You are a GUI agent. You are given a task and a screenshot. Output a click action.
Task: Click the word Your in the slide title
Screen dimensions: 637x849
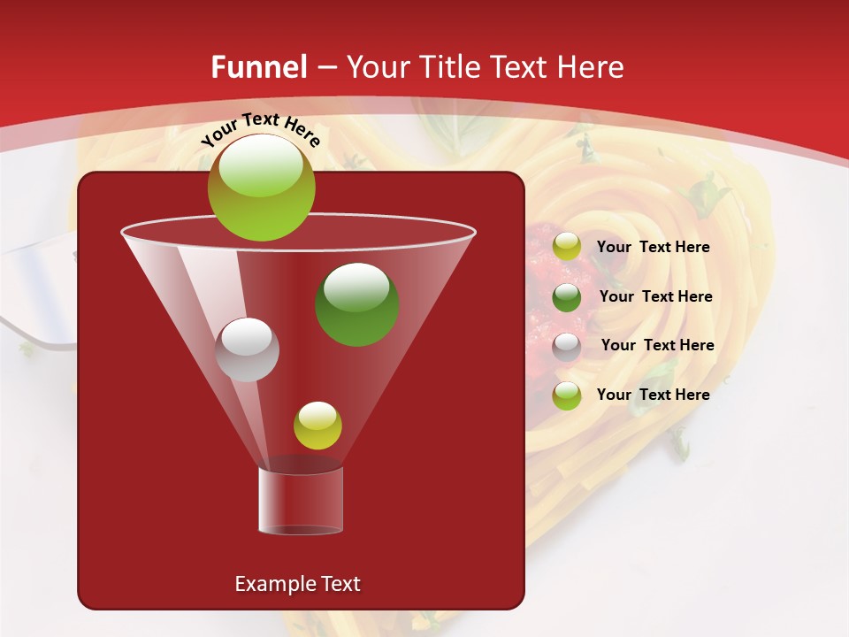[375, 67]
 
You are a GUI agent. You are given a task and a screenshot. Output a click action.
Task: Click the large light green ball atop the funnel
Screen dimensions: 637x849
[261, 187]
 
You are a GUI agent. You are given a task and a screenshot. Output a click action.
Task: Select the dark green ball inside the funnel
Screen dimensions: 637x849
[356, 303]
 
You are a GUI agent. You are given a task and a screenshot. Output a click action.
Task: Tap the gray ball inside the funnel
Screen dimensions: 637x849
[248, 349]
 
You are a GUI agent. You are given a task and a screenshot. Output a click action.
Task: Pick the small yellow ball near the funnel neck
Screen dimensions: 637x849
[317, 425]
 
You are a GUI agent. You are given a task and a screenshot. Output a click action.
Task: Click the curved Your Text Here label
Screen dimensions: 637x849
[260, 129]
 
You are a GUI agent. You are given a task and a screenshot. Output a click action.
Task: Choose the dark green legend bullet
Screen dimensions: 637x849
[567, 297]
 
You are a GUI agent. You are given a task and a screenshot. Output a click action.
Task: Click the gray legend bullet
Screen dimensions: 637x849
[567, 346]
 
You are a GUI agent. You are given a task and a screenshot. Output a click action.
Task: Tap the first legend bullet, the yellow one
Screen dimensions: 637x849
[567, 247]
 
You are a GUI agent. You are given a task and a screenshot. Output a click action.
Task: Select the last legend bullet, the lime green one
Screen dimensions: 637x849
[567, 395]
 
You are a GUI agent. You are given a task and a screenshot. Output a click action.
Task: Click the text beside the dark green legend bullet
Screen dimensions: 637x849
[655, 296]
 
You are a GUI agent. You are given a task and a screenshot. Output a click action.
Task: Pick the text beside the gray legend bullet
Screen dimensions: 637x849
[657, 345]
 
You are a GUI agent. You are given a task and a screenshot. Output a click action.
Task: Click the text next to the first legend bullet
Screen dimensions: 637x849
[653, 247]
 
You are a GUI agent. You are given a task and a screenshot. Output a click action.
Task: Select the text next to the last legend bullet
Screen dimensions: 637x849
[653, 395]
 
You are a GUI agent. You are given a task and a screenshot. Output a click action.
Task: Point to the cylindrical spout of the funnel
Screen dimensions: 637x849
[301, 501]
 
